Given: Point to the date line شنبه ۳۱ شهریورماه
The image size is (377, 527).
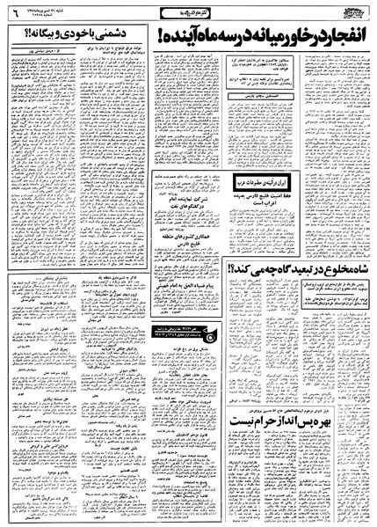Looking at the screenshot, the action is [53, 9].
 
